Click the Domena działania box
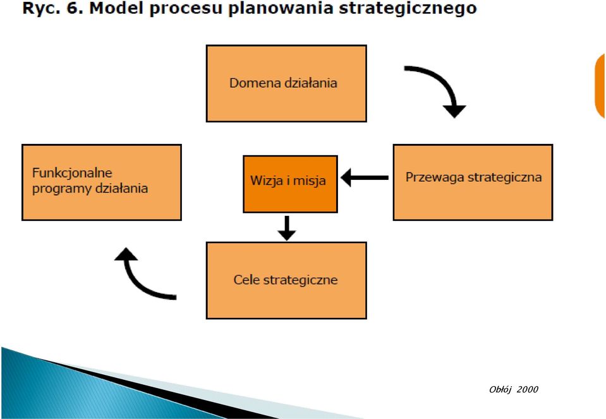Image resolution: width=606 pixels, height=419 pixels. point(286,83)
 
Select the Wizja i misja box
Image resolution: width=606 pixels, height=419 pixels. point(290,184)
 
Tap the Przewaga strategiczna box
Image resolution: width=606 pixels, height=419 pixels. point(473,182)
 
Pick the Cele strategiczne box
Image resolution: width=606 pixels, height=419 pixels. point(286,281)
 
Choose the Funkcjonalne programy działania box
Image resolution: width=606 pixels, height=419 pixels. point(102,182)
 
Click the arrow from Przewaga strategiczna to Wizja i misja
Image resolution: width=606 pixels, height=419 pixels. point(365,177)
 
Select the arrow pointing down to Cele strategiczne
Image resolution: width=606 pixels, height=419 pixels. point(287,228)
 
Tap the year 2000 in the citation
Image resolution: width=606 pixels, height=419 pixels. point(527,389)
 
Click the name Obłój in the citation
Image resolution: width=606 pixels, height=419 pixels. point(500,390)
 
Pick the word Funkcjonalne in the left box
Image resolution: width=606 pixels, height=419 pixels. point(72,174)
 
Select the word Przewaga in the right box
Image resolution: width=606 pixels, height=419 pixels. point(435,178)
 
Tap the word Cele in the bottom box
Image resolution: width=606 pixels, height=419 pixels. point(246,280)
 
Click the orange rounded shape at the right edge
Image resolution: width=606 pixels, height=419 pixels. point(600,86)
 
